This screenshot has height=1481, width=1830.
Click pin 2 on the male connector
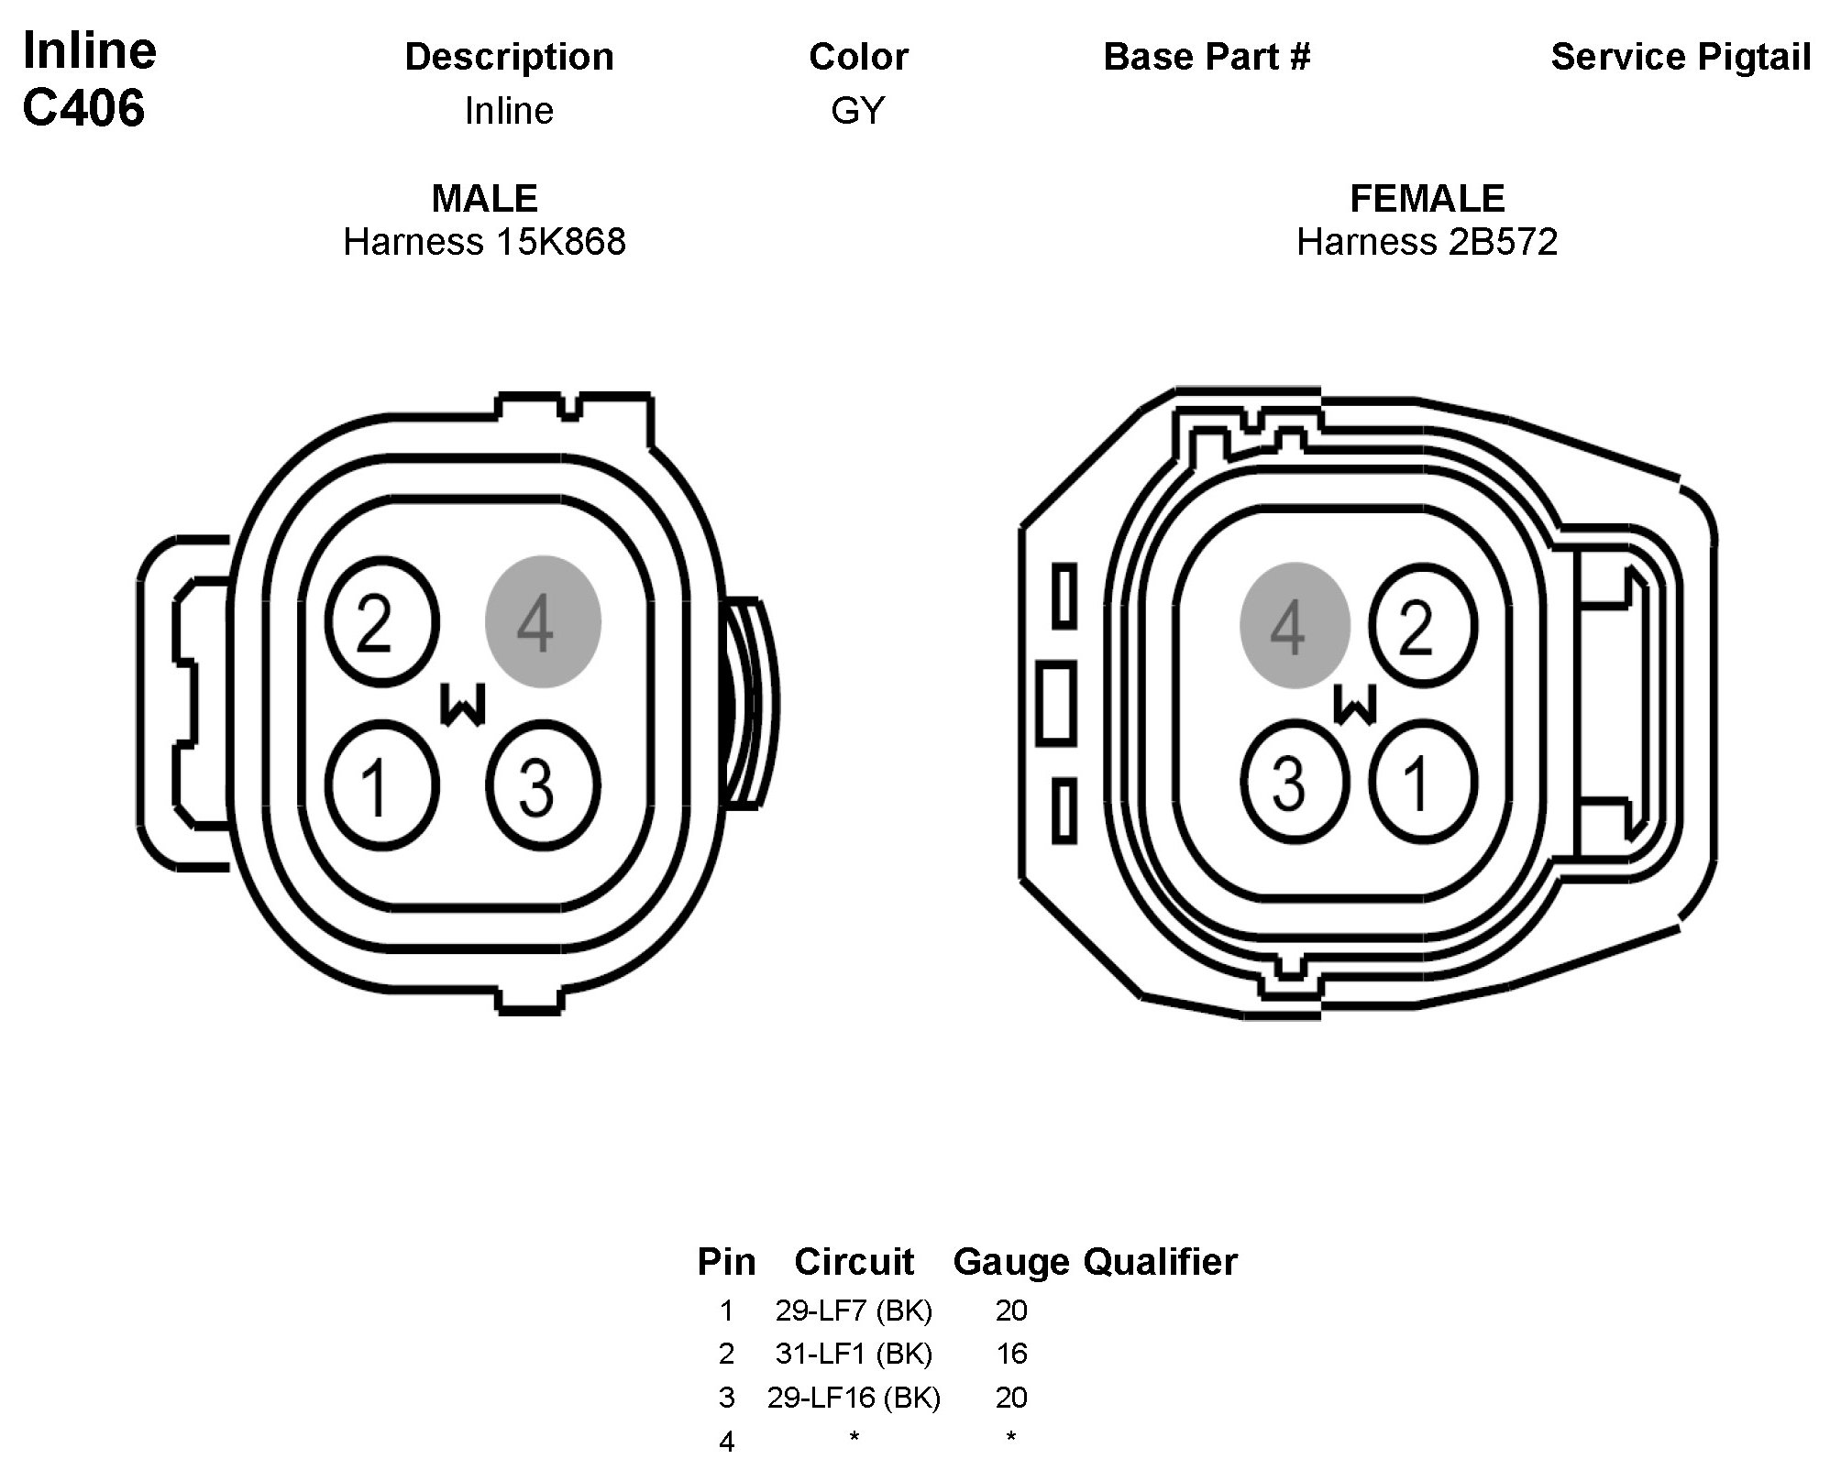(383, 622)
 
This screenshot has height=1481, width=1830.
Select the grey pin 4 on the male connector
(543, 621)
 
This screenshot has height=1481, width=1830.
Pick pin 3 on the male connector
(543, 785)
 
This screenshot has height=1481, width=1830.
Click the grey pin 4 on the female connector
(1295, 625)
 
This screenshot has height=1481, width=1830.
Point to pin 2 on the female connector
(1422, 626)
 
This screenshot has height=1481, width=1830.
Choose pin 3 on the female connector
(1295, 782)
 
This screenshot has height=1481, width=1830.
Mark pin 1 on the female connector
(1422, 782)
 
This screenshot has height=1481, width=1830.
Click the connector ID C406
(83, 108)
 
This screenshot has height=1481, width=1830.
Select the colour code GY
(857, 111)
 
